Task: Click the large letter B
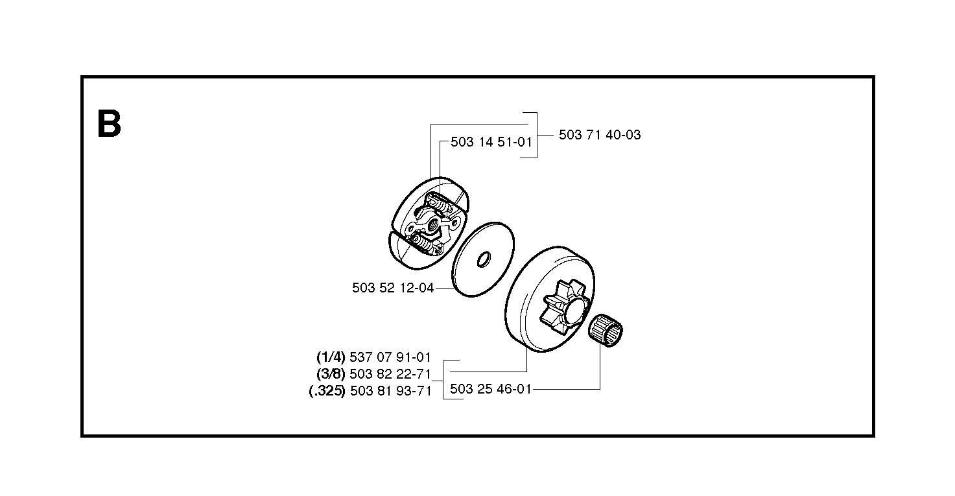click(x=109, y=124)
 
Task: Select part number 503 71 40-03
click(x=600, y=135)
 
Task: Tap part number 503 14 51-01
click(x=491, y=142)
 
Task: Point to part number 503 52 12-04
click(x=393, y=288)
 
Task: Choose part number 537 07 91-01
click(x=390, y=357)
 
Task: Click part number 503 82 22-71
click(x=390, y=374)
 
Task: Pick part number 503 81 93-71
click(x=390, y=391)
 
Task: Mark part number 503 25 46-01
click(x=491, y=389)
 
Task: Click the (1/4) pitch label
click(x=331, y=357)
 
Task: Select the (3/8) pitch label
click(x=331, y=374)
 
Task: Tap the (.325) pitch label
click(x=327, y=391)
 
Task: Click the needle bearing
click(x=606, y=331)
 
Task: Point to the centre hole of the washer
click(x=484, y=259)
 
